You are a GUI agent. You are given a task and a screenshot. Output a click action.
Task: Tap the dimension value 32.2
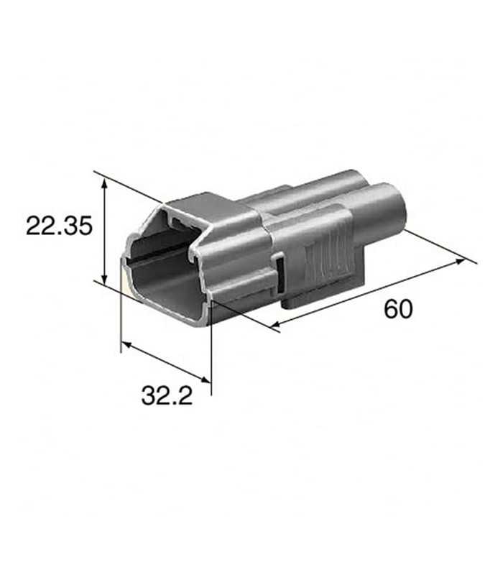[167, 395]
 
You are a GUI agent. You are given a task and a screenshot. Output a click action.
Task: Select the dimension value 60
[398, 309]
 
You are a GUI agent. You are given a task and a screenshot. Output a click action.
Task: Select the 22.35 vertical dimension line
[106, 230]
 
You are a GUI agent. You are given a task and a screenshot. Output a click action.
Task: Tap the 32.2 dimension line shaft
[167, 363]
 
